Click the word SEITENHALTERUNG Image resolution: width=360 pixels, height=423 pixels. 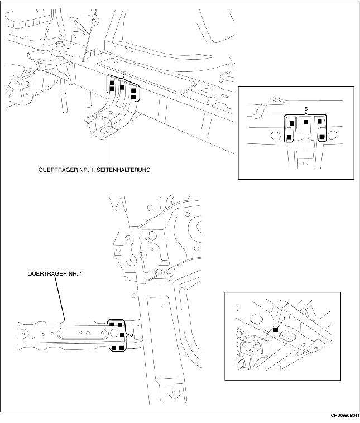pyautogui.click(x=123, y=170)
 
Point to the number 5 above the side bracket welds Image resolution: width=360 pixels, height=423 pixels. pyautogui.click(x=124, y=73)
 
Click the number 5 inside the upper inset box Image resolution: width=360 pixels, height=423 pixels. pyautogui.click(x=306, y=110)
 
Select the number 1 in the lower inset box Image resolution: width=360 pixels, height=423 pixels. pyautogui.click(x=285, y=318)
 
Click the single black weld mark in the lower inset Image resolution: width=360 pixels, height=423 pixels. pyautogui.click(x=275, y=330)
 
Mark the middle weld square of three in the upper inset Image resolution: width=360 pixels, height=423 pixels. pyautogui.click(x=306, y=122)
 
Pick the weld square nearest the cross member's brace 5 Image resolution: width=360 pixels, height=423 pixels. pyautogui.click(x=122, y=334)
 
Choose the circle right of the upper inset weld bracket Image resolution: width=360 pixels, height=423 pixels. pyautogui.click(x=333, y=134)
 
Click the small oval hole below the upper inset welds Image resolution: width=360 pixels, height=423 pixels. pyautogui.click(x=304, y=162)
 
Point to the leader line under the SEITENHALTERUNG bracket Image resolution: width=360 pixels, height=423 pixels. pyautogui.click(x=109, y=148)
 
